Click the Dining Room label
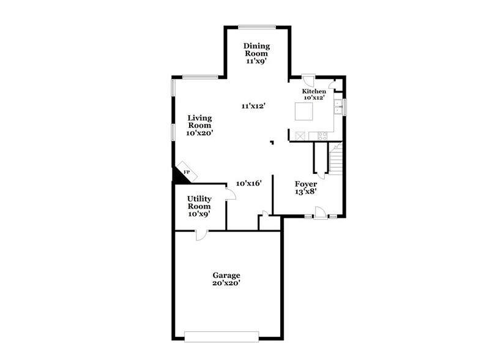point(256,50)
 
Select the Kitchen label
point(314,91)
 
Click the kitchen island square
point(304,112)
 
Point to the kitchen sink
point(337,108)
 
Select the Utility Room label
point(199,203)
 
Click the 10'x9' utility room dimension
point(199,214)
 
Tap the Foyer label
point(306,184)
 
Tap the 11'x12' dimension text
point(253,106)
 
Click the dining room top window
point(256,26)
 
